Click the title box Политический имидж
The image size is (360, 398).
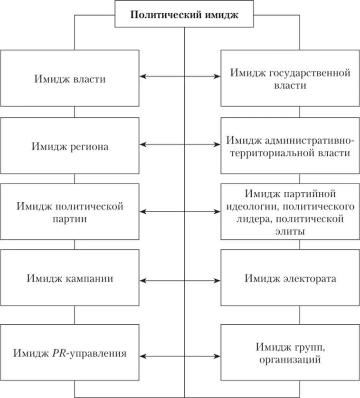(184, 14)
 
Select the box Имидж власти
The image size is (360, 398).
(70, 79)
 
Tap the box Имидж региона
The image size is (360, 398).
(70, 146)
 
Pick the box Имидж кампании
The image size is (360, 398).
(70, 278)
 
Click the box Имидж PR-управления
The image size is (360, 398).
(70, 353)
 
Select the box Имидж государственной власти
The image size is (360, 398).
(290, 79)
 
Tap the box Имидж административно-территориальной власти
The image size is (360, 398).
(290, 147)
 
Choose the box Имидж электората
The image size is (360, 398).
(290, 278)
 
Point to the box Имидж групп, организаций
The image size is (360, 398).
(290, 353)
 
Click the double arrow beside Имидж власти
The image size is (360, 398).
(180, 76)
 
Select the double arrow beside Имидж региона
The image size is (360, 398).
(180, 143)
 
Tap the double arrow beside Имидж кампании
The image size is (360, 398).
(180, 281)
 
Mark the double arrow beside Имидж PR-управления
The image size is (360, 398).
(180, 355)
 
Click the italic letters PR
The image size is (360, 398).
(57, 353)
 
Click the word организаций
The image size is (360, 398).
(290, 360)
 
